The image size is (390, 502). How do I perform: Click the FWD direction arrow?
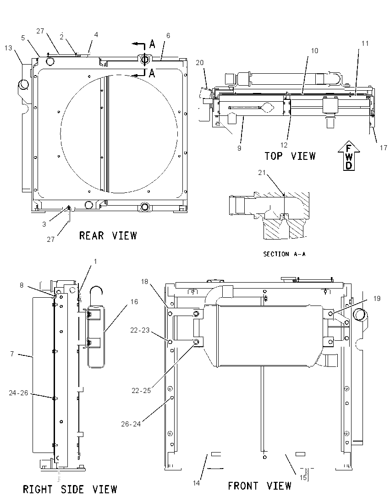[x=349, y=157]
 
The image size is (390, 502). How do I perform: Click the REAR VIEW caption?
[x=108, y=235]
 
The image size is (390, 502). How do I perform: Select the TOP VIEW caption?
[x=290, y=156]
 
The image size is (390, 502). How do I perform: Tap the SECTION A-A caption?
[x=284, y=254]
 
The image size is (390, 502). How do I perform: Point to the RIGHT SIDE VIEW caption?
[x=70, y=489]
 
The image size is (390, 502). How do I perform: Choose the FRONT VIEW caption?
[x=259, y=486]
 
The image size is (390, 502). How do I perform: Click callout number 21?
[x=262, y=173]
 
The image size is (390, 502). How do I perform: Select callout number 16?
[x=134, y=301]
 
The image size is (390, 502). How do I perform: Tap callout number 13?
[x=8, y=48]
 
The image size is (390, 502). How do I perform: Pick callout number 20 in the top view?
[x=200, y=62]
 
